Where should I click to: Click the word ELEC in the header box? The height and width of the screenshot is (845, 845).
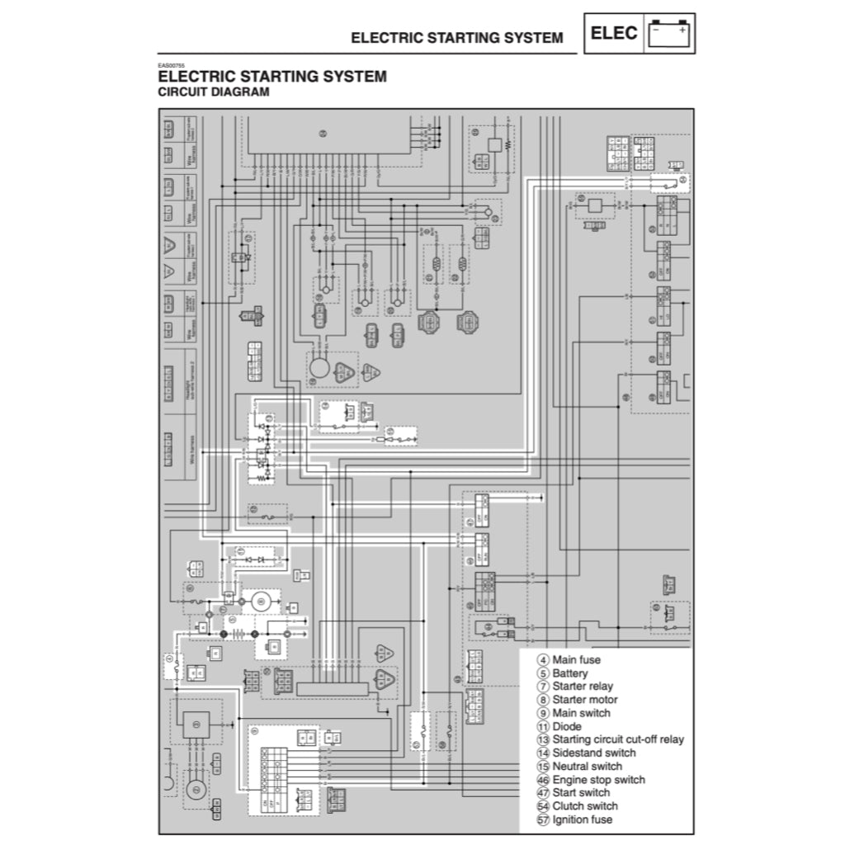click(614, 34)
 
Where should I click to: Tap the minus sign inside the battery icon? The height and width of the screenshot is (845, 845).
click(657, 31)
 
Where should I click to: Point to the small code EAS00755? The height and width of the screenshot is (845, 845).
click(172, 66)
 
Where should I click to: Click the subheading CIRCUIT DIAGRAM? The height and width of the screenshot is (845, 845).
click(213, 92)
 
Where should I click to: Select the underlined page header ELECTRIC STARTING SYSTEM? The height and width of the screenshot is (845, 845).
click(456, 38)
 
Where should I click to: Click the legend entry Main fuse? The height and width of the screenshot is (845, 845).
click(576, 660)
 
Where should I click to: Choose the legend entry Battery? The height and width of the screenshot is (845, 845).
click(570, 673)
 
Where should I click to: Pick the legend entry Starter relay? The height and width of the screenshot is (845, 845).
click(583, 687)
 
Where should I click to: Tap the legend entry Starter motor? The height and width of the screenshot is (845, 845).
click(585, 700)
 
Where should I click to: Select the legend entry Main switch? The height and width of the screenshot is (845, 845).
click(581, 713)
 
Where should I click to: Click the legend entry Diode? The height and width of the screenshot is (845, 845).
click(567, 727)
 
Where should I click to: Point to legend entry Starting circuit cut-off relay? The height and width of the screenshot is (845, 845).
click(618, 740)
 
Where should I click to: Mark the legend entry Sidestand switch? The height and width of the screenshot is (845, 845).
click(594, 753)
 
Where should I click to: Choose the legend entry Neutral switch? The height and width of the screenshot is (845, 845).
click(588, 767)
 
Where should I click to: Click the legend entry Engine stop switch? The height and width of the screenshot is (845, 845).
click(598, 780)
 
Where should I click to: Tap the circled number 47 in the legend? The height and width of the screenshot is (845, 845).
click(543, 793)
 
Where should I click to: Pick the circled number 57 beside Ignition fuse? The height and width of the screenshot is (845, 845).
click(543, 820)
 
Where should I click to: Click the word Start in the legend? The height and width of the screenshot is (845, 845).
click(565, 793)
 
